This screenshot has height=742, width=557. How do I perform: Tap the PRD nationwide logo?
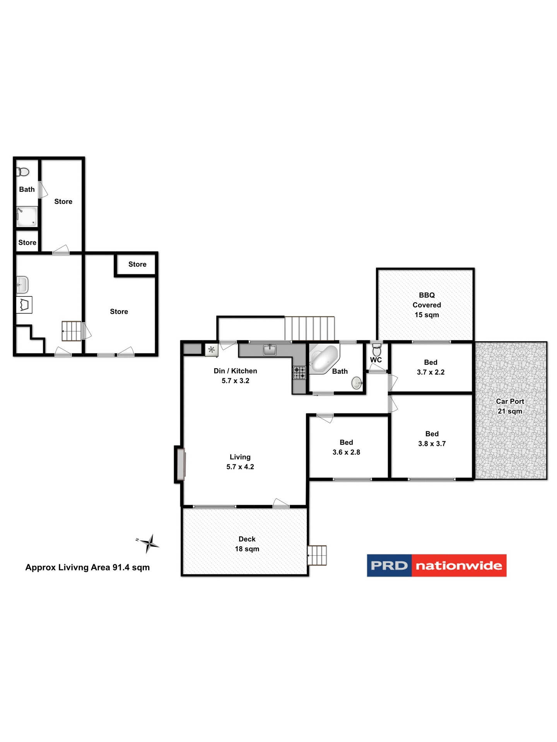point(436,565)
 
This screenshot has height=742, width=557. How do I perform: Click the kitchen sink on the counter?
point(270,350)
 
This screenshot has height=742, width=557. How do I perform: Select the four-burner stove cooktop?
point(299,373)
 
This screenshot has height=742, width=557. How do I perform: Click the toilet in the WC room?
point(376,350)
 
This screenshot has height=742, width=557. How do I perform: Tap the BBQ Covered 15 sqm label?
point(426,305)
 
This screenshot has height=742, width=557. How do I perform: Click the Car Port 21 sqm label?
point(509,406)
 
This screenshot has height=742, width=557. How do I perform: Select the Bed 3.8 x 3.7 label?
point(432,439)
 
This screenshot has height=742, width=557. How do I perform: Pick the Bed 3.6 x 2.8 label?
point(346,447)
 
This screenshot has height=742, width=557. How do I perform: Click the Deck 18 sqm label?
point(247,544)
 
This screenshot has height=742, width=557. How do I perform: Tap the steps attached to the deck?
point(317,555)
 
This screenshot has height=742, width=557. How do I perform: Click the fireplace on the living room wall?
point(180,465)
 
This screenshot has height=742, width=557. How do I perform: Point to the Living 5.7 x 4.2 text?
point(240,462)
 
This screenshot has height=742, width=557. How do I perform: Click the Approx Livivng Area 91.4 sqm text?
point(87,567)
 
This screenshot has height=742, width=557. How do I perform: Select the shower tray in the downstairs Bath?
point(27,217)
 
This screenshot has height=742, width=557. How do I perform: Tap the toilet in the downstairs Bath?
point(23,172)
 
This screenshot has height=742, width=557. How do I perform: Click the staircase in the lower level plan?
point(72,331)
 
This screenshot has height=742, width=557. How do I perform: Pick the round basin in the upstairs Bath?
point(356,383)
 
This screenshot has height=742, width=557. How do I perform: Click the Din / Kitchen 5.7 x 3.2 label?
point(235,376)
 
